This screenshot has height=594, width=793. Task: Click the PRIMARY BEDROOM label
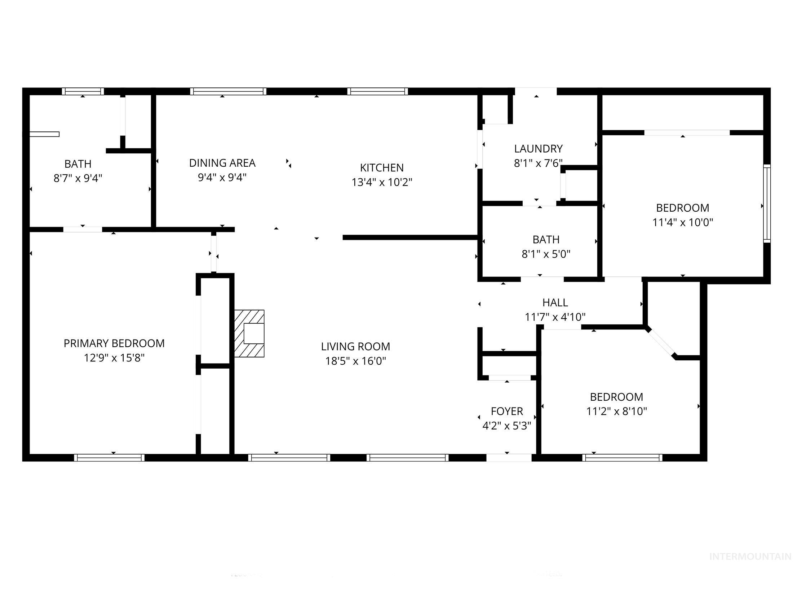[x=114, y=343]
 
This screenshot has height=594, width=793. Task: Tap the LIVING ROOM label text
[x=355, y=347]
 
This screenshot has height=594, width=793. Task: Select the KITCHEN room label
[x=382, y=168]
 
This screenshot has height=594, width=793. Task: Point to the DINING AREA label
[x=222, y=163]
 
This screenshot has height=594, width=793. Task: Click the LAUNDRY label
[x=538, y=149]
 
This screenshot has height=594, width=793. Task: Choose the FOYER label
[x=507, y=411]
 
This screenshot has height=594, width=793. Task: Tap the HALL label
[x=555, y=303]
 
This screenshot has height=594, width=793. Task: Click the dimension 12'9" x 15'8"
[x=114, y=358]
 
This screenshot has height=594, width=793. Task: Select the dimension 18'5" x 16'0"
[x=355, y=361]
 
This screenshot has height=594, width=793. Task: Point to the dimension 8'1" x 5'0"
[x=546, y=255]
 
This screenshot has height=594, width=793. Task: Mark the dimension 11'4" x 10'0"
[x=682, y=222]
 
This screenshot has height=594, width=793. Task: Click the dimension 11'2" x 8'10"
[x=616, y=411]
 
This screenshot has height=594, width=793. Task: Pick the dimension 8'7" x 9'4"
[x=78, y=179]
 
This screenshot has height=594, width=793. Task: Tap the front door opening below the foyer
[x=509, y=458]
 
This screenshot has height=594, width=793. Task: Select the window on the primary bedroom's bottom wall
[x=109, y=458]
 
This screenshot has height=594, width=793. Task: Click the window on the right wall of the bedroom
[x=767, y=204]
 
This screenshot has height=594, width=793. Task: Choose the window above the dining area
[x=228, y=91]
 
